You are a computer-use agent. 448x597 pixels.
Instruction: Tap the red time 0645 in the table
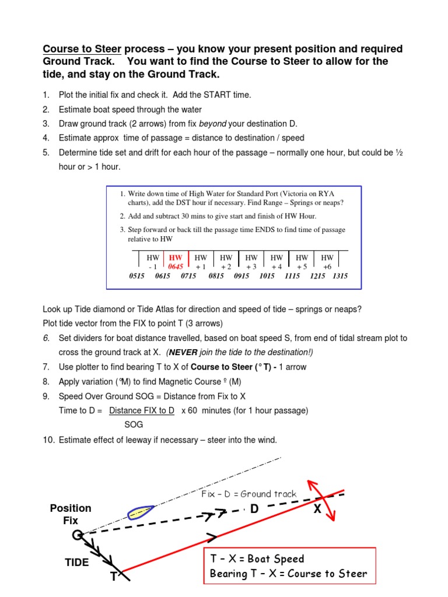click(176, 266)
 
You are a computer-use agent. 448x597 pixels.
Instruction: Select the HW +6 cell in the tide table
click(327, 261)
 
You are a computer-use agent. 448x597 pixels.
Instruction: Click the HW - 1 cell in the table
click(153, 261)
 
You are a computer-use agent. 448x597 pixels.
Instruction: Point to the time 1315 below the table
click(340, 276)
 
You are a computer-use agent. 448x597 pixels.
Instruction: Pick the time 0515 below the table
click(137, 276)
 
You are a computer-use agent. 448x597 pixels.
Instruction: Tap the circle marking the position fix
click(76, 535)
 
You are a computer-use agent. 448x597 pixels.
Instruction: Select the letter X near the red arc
click(317, 509)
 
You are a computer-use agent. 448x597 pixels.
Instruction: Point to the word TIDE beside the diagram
click(76, 563)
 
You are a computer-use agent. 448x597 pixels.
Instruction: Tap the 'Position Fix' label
click(71, 514)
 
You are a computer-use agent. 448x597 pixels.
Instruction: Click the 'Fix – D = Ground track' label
click(249, 494)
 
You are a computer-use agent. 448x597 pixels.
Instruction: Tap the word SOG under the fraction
click(134, 425)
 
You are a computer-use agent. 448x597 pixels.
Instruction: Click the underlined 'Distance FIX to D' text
click(142, 410)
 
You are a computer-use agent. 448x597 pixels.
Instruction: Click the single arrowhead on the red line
click(212, 536)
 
